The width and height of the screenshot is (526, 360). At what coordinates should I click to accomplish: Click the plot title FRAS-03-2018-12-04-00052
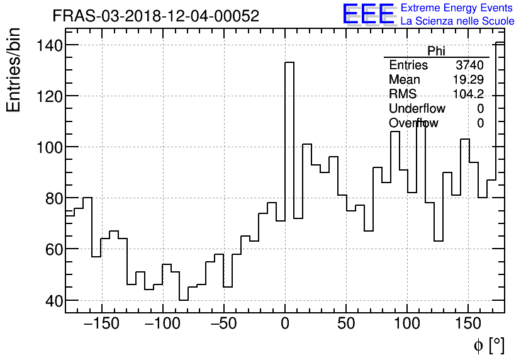tap(155, 16)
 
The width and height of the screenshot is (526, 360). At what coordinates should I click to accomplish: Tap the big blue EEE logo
tap(368, 14)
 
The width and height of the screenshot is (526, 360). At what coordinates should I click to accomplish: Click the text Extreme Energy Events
tap(457, 8)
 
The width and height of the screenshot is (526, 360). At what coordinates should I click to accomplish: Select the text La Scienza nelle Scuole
tap(457, 21)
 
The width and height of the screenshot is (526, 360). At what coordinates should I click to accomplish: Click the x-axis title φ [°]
tap(488, 345)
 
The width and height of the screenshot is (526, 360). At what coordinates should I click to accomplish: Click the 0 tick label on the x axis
tap(285, 324)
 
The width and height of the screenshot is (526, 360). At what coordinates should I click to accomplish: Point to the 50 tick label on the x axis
tap(346, 324)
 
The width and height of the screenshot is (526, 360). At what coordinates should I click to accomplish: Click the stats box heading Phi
tap(436, 51)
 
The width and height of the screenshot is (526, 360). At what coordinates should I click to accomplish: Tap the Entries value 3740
tap(469, 65)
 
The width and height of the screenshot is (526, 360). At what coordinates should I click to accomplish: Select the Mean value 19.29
tap(467, 80)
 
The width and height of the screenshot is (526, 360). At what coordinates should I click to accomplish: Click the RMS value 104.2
tap(468, 94)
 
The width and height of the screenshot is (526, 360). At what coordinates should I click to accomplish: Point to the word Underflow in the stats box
tap(417, 109)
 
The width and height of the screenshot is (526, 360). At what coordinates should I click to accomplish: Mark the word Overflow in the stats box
tap(413, 123)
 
